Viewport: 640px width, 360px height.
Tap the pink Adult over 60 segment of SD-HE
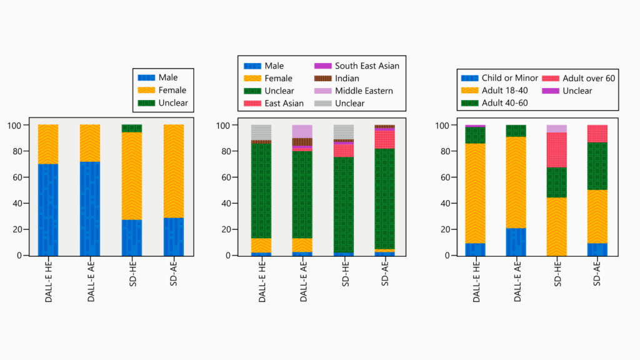click(557, 150)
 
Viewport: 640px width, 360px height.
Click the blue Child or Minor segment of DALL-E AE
click(516, 242)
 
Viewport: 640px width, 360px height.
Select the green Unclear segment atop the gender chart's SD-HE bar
click(131, 129)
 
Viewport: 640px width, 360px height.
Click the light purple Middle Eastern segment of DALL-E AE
click(302, 131)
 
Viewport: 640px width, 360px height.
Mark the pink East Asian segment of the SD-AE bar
click(384, 139)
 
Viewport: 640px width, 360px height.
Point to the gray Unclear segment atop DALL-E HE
click(261, 132)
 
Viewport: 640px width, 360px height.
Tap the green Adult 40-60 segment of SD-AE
click(597, 166)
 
